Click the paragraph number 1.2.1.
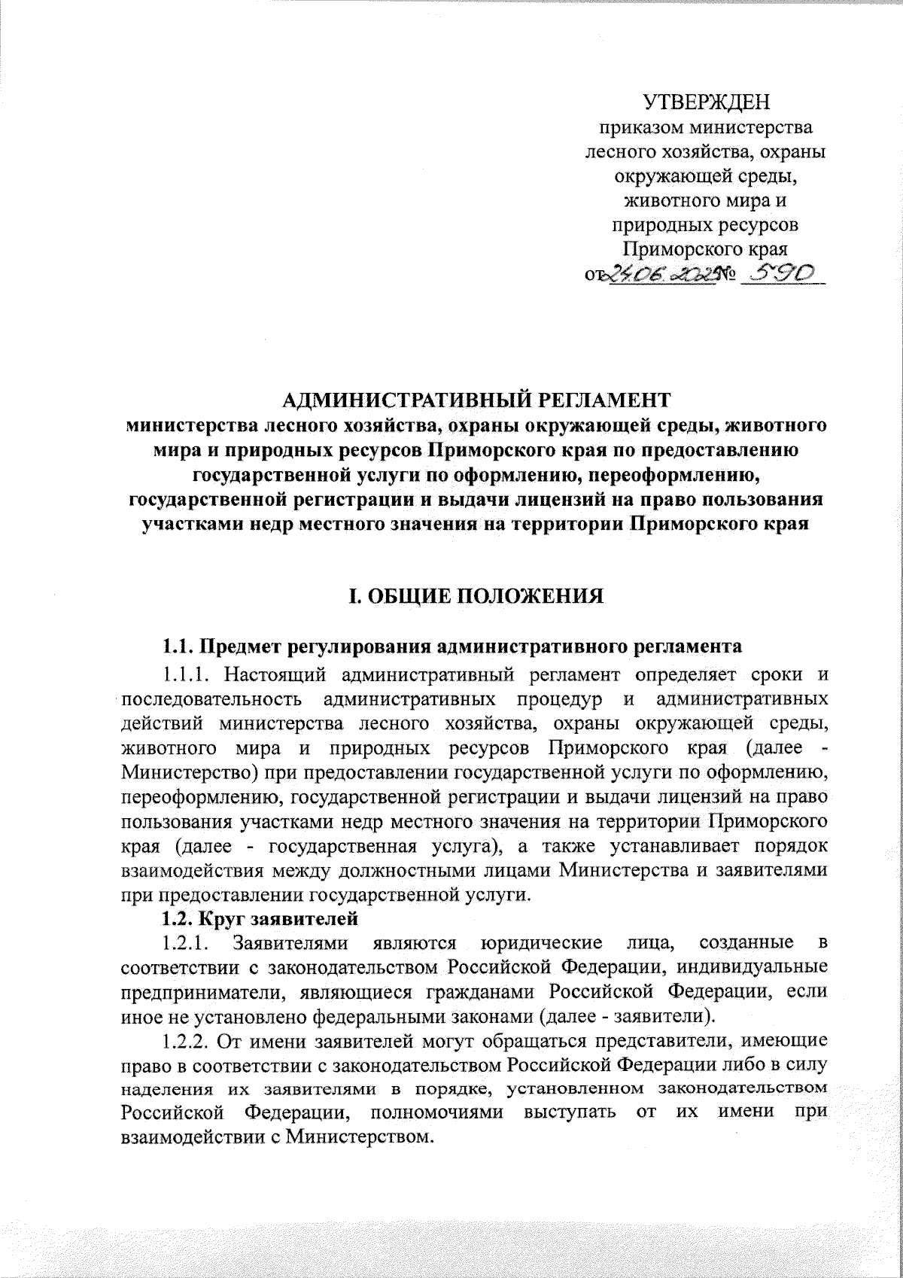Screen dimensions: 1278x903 pos(185,942)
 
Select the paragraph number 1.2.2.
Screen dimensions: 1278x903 pos(185,1042)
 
